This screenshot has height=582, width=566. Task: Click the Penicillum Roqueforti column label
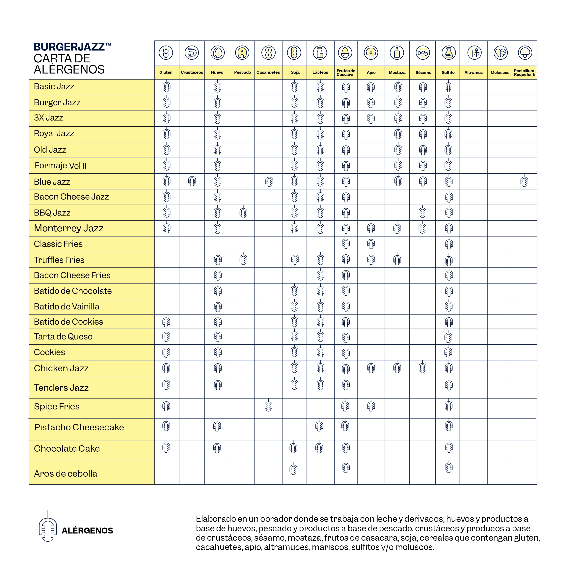coord(524,73)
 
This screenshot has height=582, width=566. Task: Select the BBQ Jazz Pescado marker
coord(243,212)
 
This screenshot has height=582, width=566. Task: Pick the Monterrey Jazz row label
coord(69,228)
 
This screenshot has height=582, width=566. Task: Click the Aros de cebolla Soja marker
coord(293,469)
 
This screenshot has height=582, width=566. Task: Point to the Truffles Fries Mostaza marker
coord(397,260)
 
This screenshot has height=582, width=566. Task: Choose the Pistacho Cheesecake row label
coord(79,427)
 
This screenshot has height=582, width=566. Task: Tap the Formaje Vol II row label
coord(60,166)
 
